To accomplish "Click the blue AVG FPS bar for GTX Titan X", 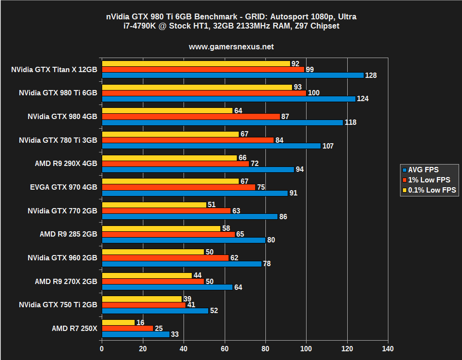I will click(x=232, y=75).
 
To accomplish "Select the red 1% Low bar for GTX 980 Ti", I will click(x=204, y=93).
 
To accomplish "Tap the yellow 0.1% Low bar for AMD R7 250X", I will click(x=118, y=322).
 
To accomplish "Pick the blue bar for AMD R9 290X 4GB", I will click(x=198, y=169).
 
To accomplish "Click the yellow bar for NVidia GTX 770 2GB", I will click(x=154, y=205).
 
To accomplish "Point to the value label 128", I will click(x=371, y=75).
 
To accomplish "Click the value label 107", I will click(x=328, y=146).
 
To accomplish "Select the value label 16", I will click(x=141, y=322).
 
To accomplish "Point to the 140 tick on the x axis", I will click(x=387, y=348).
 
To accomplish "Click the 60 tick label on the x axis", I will click(x=224, y=348).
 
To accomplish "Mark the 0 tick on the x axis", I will click(x=102, y=348).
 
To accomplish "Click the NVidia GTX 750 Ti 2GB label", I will click(x=58, y=305).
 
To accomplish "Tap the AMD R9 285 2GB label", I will click(x=68, y=234).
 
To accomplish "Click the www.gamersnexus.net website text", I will click(x=231, y=47).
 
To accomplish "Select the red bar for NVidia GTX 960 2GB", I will click(x=165, y=258).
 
